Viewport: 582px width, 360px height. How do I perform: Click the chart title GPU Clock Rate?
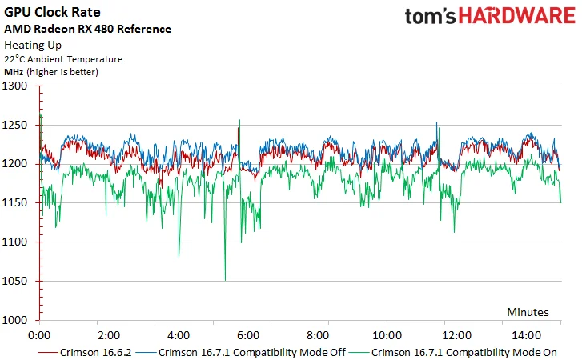(x=52, y=12)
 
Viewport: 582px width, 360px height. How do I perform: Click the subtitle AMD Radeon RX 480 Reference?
(x=87, y=29)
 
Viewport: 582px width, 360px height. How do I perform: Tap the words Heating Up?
(x=33, y=46)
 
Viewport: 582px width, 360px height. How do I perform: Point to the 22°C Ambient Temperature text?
(x=63, y=59)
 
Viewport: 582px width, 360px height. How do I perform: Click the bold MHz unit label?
(x=14, y=72)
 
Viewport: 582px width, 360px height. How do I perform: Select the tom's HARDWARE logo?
(x=490, y=16)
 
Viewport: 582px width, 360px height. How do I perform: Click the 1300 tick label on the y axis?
(x=15, y=86)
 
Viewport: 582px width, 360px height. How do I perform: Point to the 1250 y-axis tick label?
(x=15, y=125)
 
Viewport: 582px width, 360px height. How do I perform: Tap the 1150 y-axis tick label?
(x=15, y=203)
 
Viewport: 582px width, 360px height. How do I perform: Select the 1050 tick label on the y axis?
(x=15, y=281)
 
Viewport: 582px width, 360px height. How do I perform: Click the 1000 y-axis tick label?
(x=15, y=320)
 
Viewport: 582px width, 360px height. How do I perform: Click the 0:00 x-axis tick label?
(x=39, y=335)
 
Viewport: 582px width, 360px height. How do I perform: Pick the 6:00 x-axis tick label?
(x=248, y=335)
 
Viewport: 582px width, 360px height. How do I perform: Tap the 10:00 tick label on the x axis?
(x=387, y=335)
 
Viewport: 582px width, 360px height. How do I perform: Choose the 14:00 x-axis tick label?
(x=526, y=335)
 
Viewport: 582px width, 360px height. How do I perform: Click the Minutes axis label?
(x=528, y=312)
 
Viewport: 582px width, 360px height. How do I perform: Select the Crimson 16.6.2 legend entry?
(x=85, y=352)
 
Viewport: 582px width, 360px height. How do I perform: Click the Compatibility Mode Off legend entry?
(x=241, y=352)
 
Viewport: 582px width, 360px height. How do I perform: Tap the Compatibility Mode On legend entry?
(x=453, y=352)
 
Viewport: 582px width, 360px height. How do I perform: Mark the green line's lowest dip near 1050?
(x=225, y=280)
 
